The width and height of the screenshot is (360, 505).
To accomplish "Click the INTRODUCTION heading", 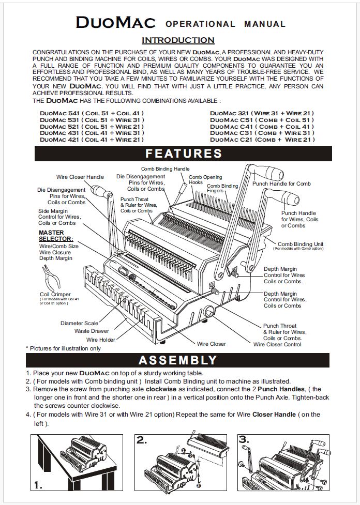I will (x=178, y=40).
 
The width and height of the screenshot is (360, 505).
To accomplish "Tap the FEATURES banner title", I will (x=184, y=154).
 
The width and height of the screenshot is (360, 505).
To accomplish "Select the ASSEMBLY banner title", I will (x=178, y=360).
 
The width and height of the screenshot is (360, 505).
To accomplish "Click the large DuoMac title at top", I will (x=116, y=22).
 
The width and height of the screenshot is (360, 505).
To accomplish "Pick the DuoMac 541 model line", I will (x=92, y=113).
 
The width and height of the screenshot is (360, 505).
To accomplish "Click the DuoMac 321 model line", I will (x=262, y=113).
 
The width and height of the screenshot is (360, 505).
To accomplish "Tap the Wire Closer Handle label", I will (x=80, y=177).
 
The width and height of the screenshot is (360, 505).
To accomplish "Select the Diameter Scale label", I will (x=79, y=324).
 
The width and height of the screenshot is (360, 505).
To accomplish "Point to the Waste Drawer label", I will (x=92, y=331).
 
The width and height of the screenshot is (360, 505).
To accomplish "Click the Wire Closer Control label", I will (x=277, y=344).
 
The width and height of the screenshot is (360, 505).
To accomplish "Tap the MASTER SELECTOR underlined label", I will (x=56, y=236).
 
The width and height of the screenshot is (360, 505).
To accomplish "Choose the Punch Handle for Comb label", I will (x=281, y=184).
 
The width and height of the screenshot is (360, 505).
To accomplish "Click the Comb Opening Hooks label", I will (x=205, y=179).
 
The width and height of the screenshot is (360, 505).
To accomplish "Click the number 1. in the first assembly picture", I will (x=38, y=485).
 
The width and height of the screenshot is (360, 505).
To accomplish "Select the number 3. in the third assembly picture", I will (x=244, y=440).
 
